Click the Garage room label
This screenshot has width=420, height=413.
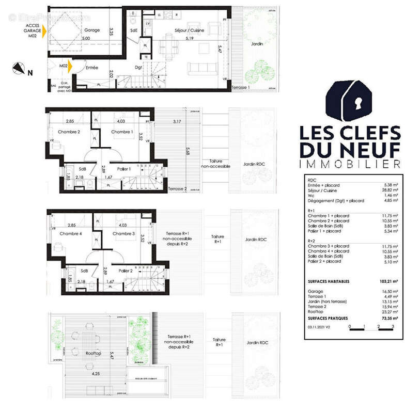click(x=92, y=30)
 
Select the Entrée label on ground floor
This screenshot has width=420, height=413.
click(x=92, y=68)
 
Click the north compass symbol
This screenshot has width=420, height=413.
click(x=20, y=68)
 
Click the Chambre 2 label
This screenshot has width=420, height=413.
click(x=69, y=132)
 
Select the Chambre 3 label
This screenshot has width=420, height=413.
click(x=124, y=233)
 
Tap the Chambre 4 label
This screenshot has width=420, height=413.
click(x=70, y=233)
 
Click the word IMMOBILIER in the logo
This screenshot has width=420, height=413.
click(x=350, y=164)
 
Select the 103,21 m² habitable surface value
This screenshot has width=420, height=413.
click(x=387, y=281)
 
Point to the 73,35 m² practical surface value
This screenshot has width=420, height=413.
click(x=387, y=319)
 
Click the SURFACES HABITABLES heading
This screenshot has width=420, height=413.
click(x=328, y=281)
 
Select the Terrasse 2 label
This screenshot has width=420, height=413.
click(x=177, y=189)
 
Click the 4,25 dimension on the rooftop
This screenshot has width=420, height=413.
click(x=96, y=372)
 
